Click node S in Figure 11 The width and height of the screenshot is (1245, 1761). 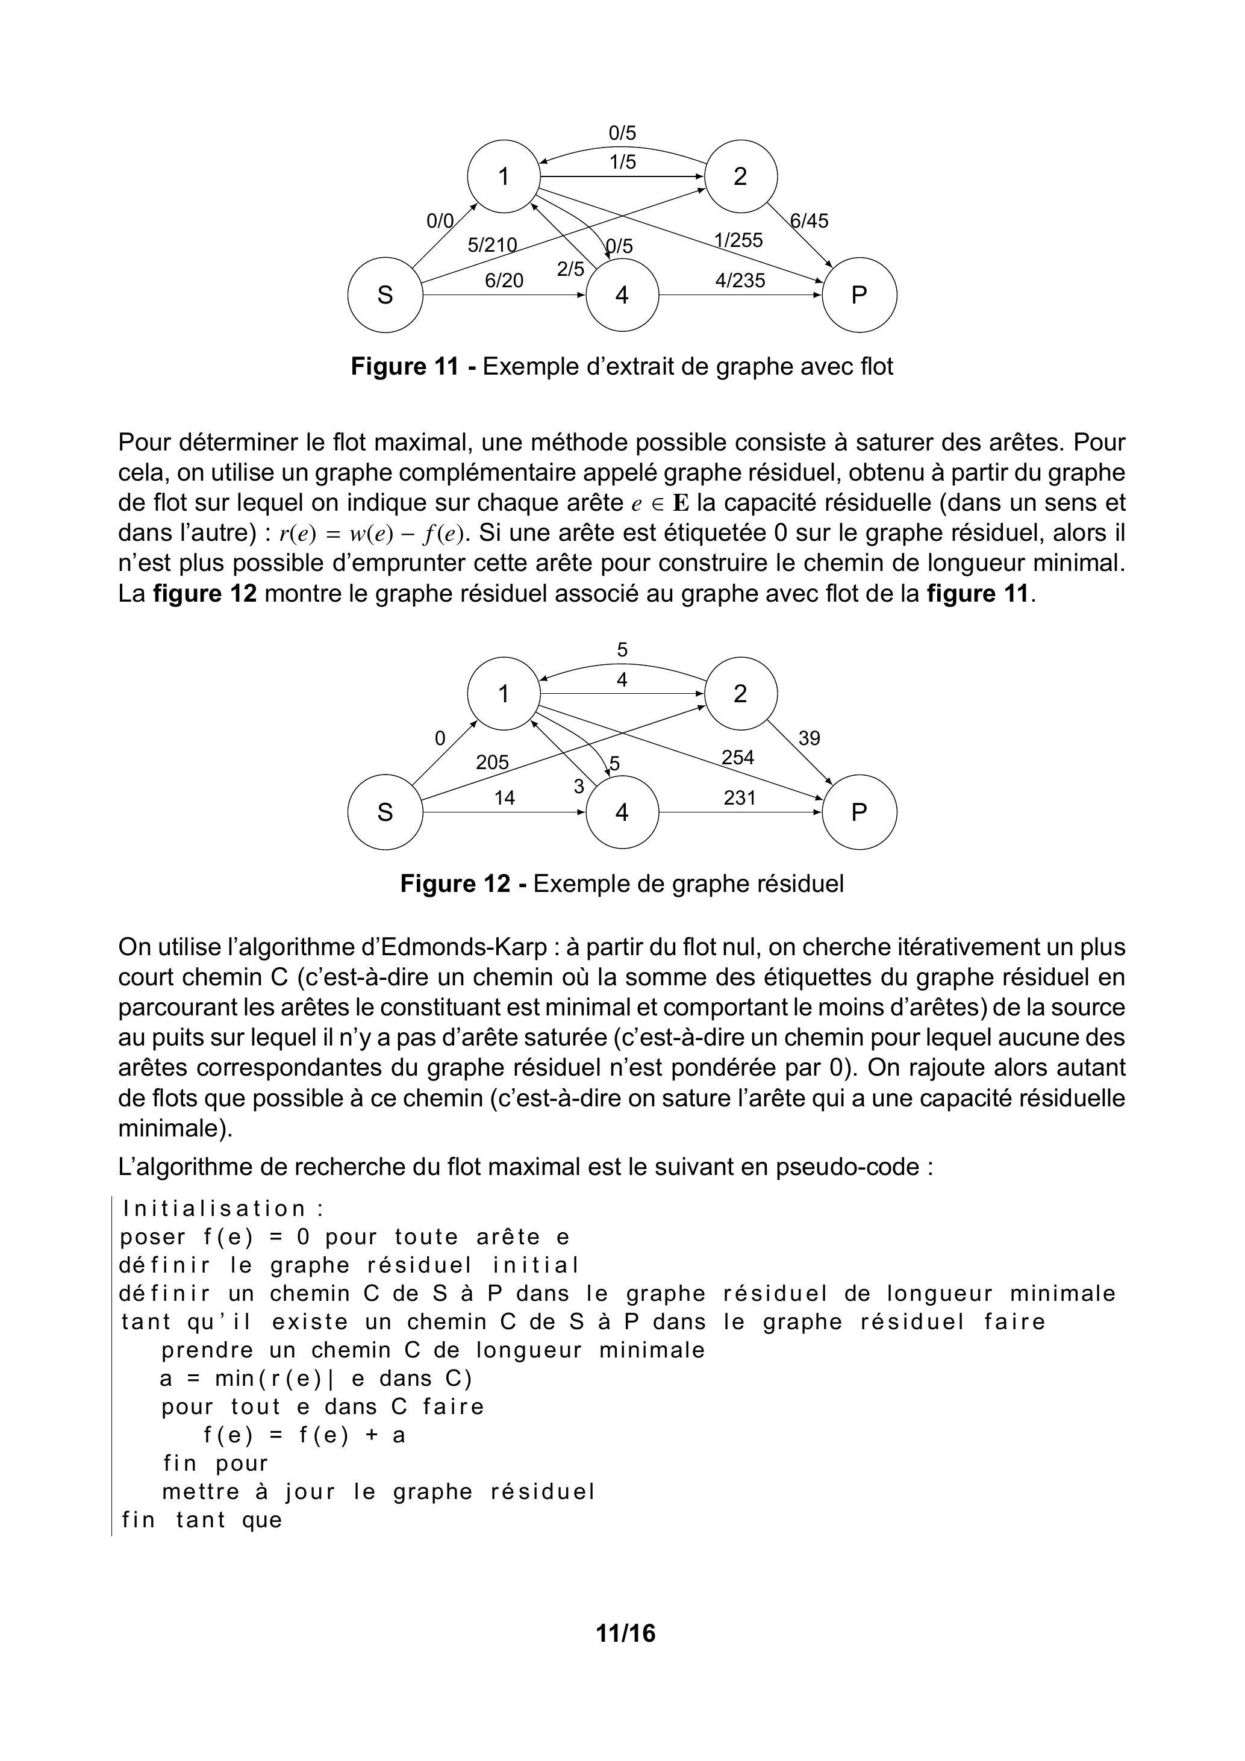click(385, 295)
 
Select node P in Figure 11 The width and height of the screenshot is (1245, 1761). click(859, 295)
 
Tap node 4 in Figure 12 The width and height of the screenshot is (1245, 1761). click(622, 812)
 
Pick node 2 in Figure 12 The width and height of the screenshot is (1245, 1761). click(740, 693)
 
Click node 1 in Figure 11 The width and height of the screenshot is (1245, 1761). click(504, 176)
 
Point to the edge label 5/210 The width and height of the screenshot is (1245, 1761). click(491, 246)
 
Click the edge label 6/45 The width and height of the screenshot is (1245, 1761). click(810, 221)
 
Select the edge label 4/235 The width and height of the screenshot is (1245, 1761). click(740, 281)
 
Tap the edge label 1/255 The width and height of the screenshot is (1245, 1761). click(738, 240)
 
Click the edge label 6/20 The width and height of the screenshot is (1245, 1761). click(504, 281)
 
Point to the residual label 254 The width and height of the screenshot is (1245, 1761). click(738, 758)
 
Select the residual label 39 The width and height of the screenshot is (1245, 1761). click(810, 738)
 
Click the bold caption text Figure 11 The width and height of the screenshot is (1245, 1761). click(404, 367)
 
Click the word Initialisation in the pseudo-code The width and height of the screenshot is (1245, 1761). click(215, 1209)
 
